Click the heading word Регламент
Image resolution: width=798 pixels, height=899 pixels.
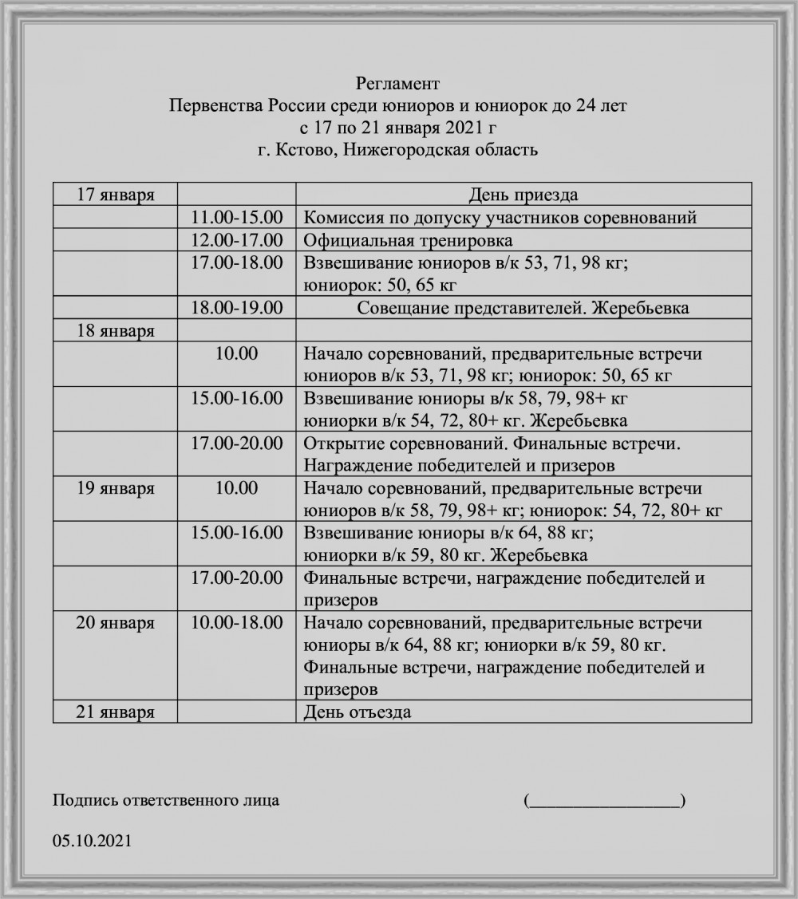[x=397, y=83]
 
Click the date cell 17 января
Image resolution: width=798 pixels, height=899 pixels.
[x=115, y=195]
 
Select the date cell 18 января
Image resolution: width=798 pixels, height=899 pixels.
[x=115, y=330]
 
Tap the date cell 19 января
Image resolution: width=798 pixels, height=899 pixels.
[x=115, y=488]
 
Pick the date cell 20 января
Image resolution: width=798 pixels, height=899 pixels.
[x=115, y=623]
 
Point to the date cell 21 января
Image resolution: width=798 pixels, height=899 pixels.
[x=115, y=712]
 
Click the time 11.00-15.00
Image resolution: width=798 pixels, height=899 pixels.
[x=237, y=217]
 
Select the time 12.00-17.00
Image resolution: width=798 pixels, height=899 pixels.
[x=237, y=240]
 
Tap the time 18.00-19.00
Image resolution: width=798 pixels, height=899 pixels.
[x=237, y=308]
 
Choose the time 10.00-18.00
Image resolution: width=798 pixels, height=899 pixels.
[x=237, y=623]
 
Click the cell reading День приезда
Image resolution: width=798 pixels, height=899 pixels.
[x=523, y=195]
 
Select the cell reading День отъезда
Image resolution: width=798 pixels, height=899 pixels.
[x=358, y=712]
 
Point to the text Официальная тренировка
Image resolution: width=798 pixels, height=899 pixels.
[x=408, y=240]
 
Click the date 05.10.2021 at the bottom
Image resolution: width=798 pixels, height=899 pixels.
[x=92, y=841]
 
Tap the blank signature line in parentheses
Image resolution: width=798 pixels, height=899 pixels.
[x=604, y=801]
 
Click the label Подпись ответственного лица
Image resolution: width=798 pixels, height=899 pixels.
[x=166, y=800]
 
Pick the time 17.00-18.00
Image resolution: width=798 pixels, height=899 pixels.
[x=237, y=262]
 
